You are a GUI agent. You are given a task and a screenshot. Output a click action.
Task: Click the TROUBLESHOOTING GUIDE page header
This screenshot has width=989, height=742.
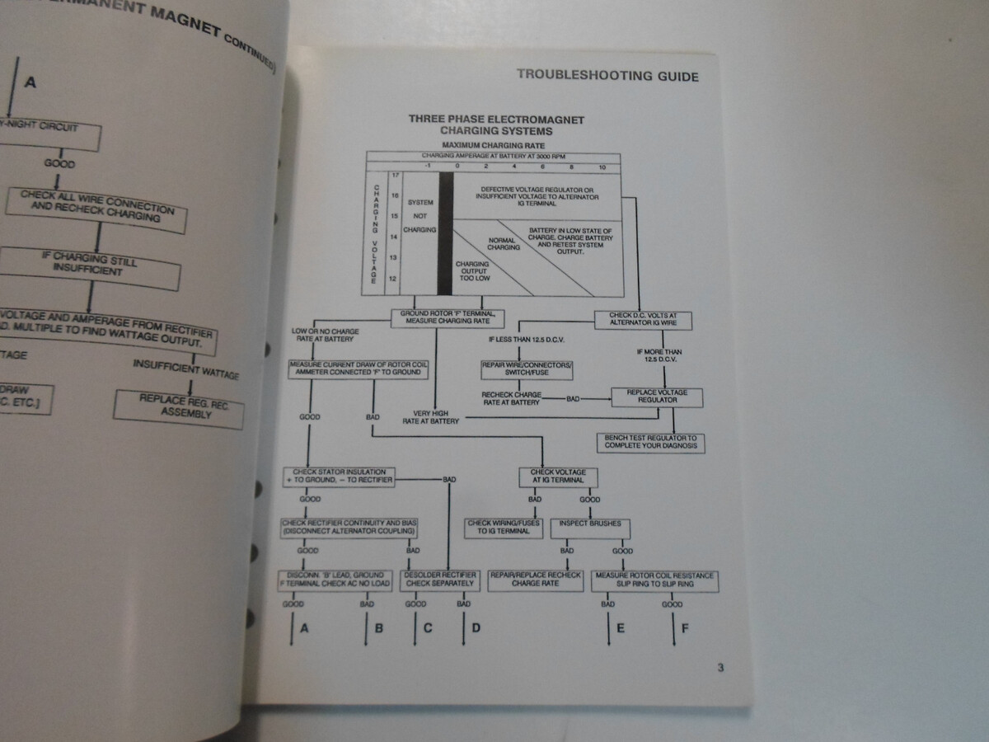pyautogui.click(x=607, y=76)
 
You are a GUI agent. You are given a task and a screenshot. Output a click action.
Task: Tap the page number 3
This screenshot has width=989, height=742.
pyautogui.click(x=719, y=668)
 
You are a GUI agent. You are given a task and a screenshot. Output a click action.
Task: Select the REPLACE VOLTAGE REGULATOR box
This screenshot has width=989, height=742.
pyautogui.click(x=657, y=397)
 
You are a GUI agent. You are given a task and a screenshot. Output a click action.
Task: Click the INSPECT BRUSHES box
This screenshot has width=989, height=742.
pyautogui.click(x=590, y=524)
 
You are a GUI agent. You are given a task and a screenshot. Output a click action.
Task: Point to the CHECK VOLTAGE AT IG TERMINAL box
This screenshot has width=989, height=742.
pyautogui.click(x=558, y=476)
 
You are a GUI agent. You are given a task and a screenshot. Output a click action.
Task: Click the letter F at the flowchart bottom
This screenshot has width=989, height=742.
pyautogui.click(x=684, y=628)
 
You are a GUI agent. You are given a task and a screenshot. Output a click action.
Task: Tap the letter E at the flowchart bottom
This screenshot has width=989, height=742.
pyautogui.click(x=620, y=628)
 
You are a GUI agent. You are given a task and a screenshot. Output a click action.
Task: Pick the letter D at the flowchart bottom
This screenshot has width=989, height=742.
pyautogui.click(x=476, y=628)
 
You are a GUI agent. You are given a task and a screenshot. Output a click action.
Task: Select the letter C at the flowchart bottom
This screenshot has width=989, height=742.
pyautogui.click(x=427, y=628)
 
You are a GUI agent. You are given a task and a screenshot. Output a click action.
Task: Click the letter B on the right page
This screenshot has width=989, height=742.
pyautogui.click(x=378, y=628)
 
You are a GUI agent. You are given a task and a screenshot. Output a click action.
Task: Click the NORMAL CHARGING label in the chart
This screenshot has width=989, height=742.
pyautogui.click(x=504, y=244)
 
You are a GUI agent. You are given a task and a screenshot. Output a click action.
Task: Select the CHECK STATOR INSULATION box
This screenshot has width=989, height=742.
pyautogui.click(x=339, y=476)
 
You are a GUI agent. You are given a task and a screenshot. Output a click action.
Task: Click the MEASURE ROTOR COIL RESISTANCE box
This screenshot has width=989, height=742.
pyautogui.click(x=655, y=580)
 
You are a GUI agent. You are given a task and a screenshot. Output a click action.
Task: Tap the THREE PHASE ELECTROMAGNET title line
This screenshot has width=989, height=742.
pyautogui.click(x=496, y=120)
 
